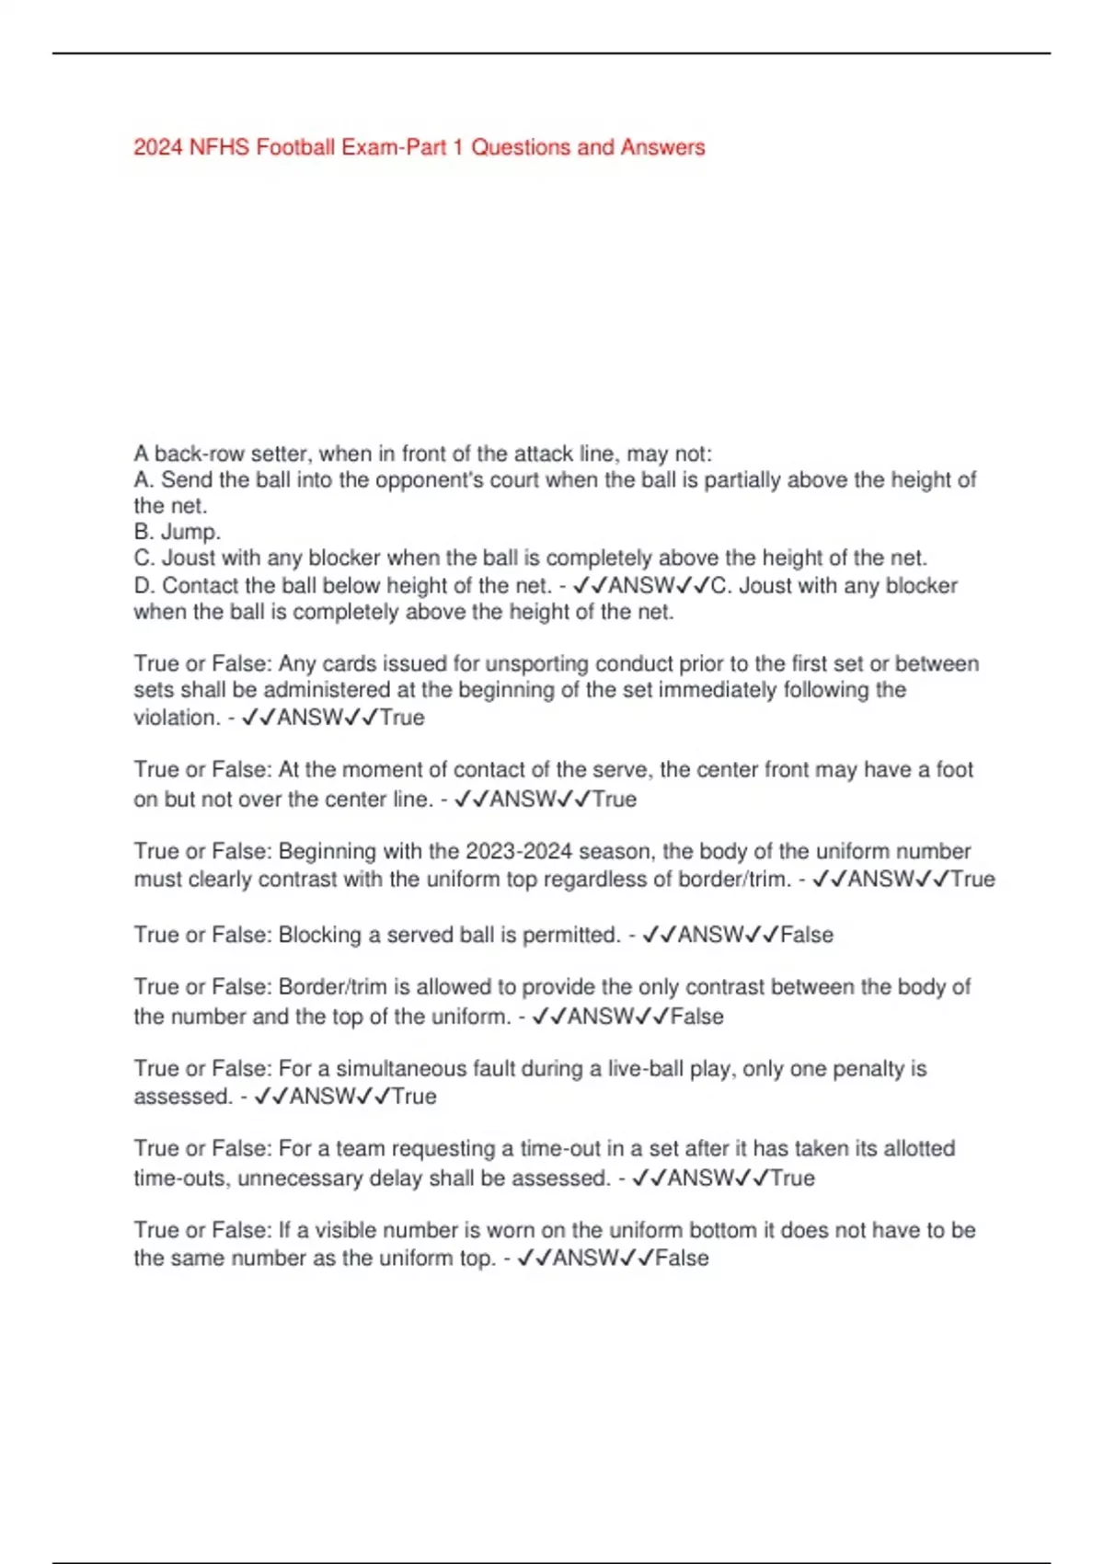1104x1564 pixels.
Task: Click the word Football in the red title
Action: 296,147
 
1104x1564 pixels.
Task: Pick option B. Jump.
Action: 178,532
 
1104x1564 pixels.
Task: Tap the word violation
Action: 175,718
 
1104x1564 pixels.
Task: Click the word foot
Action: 954,770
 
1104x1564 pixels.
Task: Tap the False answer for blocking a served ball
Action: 807,935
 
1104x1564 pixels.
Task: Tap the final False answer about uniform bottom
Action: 683,1259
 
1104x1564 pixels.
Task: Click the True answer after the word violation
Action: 402,718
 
